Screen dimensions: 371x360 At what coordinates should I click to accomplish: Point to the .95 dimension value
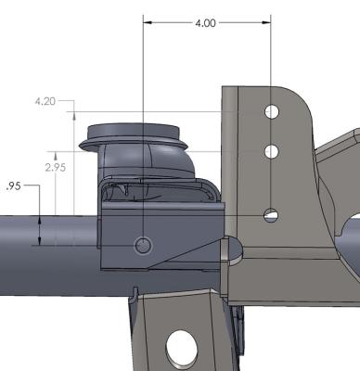point(12,185)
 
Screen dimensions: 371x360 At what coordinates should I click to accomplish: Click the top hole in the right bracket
point(271,112)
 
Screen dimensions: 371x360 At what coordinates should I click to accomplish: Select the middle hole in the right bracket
point(271,151)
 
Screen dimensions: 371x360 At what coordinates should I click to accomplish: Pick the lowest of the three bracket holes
point(270,215)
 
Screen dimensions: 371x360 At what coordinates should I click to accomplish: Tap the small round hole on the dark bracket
point(143,245)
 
